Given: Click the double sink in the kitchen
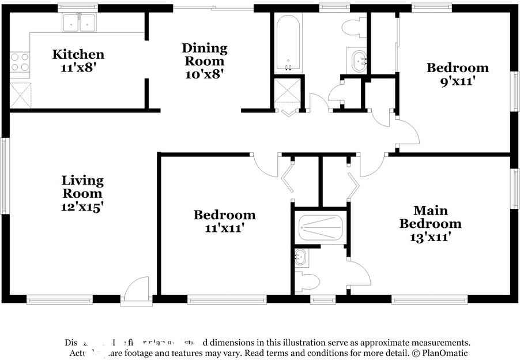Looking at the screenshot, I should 79,23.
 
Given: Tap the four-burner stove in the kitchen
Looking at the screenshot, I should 19,62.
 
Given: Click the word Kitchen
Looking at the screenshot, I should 78,55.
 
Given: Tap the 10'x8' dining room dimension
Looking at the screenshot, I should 204,73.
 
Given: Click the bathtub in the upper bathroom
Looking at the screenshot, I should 287,43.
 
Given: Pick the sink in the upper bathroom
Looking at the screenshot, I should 359,60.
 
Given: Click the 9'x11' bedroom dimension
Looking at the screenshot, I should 457,81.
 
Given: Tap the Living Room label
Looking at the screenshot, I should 82,187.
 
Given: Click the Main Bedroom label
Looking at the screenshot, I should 430,217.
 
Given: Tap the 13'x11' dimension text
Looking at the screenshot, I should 430,236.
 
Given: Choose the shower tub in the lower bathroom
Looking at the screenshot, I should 321,228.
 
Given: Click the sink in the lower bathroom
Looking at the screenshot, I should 301,258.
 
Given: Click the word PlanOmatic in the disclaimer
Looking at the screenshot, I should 444,353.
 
